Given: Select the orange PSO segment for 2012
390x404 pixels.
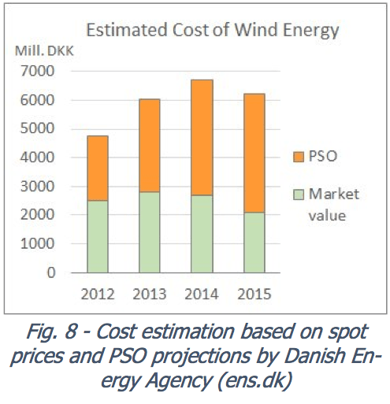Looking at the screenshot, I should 98,168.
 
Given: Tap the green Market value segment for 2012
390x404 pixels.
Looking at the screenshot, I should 98,236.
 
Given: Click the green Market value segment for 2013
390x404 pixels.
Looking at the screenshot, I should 150,232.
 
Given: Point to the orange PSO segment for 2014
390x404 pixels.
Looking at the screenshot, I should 202,137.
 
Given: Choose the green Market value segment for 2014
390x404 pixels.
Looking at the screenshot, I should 202,234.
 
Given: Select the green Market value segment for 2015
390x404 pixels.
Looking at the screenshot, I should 254,243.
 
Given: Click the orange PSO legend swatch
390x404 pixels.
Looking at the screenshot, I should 297,156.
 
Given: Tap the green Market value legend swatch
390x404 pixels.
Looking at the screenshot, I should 297,194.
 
